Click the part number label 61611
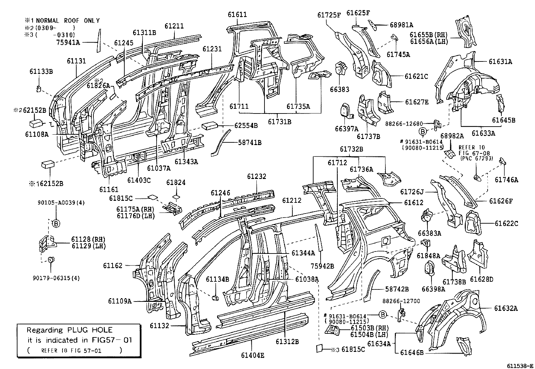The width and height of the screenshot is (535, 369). (x=237, y=15)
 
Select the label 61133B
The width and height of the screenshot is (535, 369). (x=41, y=72)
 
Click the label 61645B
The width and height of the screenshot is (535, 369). (x=504, y=120)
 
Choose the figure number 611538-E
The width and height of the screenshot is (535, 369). (x=520, y=365)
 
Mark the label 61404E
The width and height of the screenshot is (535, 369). (x=252, y=355)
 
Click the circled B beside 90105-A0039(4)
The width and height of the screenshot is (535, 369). (x=56, y=223)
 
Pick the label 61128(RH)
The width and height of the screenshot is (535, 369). (x=88, y=239)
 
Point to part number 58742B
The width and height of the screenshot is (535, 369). (x=397, y=289)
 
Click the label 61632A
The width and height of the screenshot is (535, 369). (x=506, y=308)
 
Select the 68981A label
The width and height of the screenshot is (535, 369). (x=402, y=25)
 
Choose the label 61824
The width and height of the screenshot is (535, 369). (x=176, y=183)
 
